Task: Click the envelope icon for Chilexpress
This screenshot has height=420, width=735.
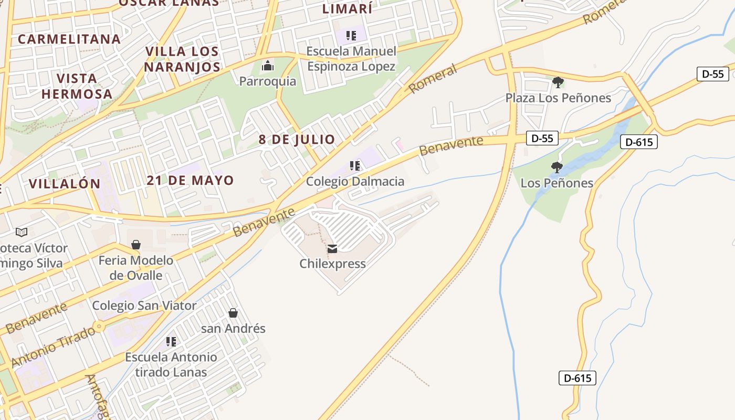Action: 332,248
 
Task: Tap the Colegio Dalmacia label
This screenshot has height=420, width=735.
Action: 355,182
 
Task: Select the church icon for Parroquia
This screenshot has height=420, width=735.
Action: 268,66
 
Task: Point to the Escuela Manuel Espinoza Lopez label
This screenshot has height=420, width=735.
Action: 351,59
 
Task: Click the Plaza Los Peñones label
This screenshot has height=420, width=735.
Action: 558,98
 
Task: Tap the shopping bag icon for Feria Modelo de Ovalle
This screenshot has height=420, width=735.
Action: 136,245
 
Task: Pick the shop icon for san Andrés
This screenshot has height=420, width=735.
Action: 233,313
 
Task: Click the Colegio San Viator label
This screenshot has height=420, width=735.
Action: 144,306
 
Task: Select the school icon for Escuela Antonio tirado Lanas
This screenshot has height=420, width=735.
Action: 171,342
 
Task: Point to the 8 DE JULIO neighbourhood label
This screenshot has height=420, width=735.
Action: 297,140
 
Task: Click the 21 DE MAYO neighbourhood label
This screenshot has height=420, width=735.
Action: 190,181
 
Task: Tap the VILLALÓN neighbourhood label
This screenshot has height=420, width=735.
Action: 64,184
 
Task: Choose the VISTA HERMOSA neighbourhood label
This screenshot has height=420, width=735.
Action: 77,87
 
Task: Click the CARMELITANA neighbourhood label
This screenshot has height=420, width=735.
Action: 69,39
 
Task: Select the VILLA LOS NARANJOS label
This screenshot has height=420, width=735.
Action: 182,59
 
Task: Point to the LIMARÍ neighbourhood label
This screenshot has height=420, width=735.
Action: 347,9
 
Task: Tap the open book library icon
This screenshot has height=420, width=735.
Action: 22,232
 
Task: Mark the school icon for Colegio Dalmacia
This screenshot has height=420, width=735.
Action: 355,166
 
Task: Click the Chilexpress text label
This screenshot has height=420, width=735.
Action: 332,264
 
